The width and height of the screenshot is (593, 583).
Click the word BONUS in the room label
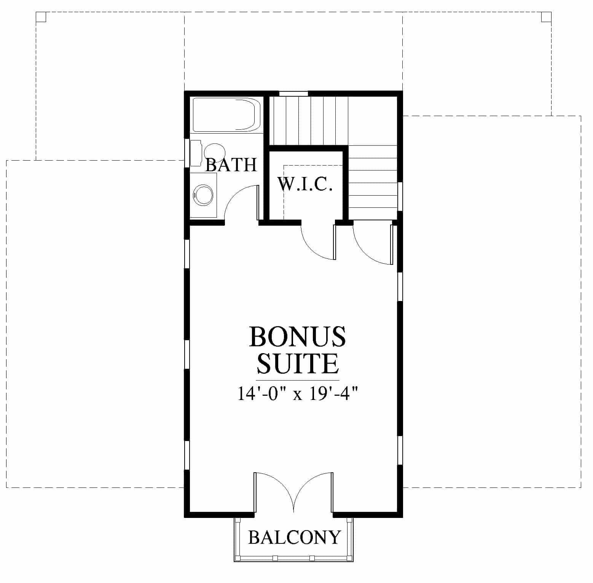pos(297,336)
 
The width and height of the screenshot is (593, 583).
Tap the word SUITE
pos(297,364)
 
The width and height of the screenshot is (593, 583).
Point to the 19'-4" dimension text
pos(333,393)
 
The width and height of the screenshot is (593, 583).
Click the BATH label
pos(231,165)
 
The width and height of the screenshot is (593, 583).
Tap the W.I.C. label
pos(305,184)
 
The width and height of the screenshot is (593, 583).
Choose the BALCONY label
pos(294,537)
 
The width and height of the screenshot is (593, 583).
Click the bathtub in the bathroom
pos(226,115)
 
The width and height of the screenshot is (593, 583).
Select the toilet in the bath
pos(207,153)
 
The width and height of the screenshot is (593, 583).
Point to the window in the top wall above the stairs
pos(293,93)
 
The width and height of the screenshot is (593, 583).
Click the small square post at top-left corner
pos(41,17)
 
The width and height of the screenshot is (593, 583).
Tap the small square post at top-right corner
pos(546,17)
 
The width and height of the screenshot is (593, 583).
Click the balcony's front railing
pos(294,558)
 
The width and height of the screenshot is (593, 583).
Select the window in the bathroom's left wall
pos(187,153)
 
